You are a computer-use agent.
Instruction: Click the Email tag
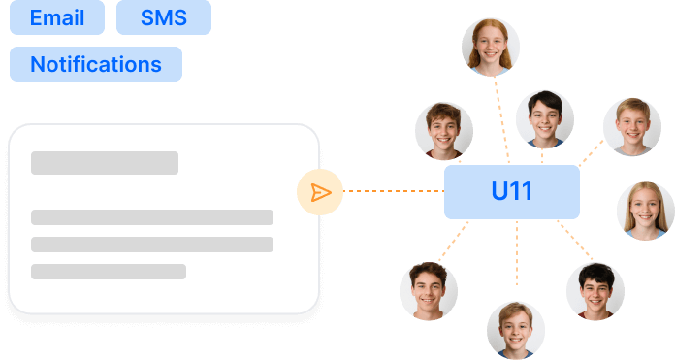[57, 17]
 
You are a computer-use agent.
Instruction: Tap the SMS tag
[163, 17]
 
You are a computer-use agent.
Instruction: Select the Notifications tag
[96, 64]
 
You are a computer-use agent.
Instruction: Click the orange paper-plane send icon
[321, 192]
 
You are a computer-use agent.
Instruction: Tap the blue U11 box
[511, 191]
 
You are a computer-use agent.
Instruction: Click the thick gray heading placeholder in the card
[105, 163]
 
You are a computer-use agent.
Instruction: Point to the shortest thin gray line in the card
[109, 272]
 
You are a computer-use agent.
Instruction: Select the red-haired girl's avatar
[491, 48]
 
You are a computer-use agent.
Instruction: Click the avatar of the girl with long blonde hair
[646, 211]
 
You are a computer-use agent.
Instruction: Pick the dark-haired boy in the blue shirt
[545, 120]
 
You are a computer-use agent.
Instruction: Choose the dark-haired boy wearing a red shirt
[595, 291]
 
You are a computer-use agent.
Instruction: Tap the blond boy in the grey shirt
[632, 127]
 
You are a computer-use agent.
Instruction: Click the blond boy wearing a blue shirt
[516, 330]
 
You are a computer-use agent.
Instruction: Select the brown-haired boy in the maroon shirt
[444, 131]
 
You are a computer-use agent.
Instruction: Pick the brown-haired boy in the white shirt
[429, 291]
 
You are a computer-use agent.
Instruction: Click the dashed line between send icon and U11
[394, 191]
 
